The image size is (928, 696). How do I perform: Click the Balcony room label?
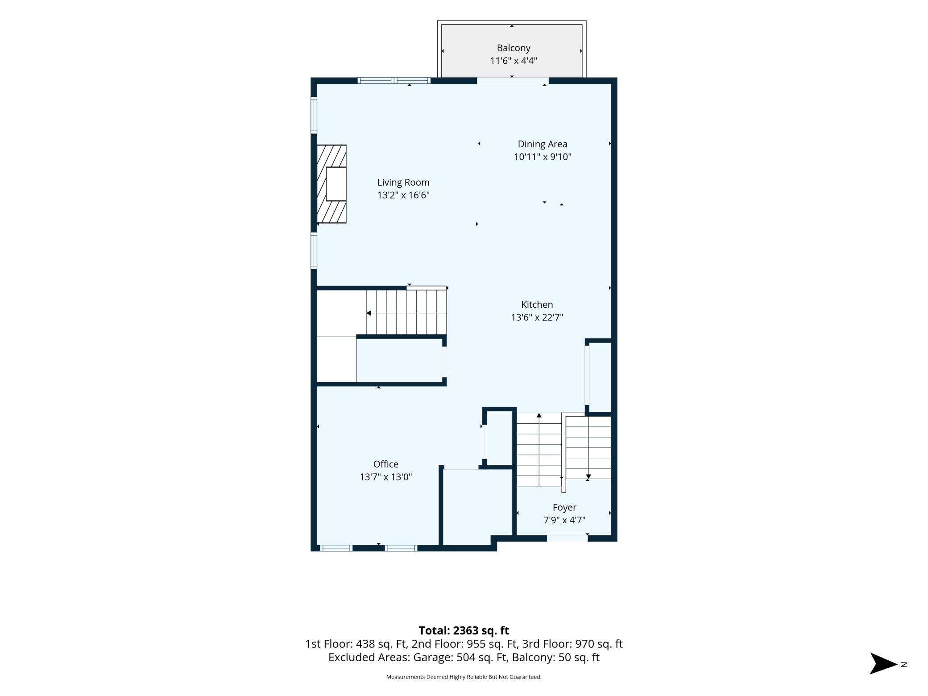(514, 48)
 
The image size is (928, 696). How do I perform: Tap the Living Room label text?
(403, 182)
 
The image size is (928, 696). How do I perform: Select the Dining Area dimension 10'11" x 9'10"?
(543, 157)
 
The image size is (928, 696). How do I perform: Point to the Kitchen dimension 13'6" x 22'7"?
(537, 317)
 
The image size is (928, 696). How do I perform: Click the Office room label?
(386, 464)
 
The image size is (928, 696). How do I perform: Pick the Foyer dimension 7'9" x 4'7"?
(564, 520)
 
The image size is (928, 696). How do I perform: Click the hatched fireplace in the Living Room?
(331, 184)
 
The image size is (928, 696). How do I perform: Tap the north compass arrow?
(883, 663)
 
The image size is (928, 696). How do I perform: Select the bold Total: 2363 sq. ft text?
(464, 630)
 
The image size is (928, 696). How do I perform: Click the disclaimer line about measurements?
(464, 677)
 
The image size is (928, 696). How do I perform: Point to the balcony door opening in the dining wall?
(513, 81)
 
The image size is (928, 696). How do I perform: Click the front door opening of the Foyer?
(567, 539)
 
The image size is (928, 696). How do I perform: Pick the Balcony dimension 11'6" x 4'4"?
(514, 61)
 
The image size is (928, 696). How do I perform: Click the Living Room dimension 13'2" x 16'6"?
(403, 195)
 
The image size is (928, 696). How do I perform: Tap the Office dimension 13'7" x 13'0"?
(386, 477)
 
